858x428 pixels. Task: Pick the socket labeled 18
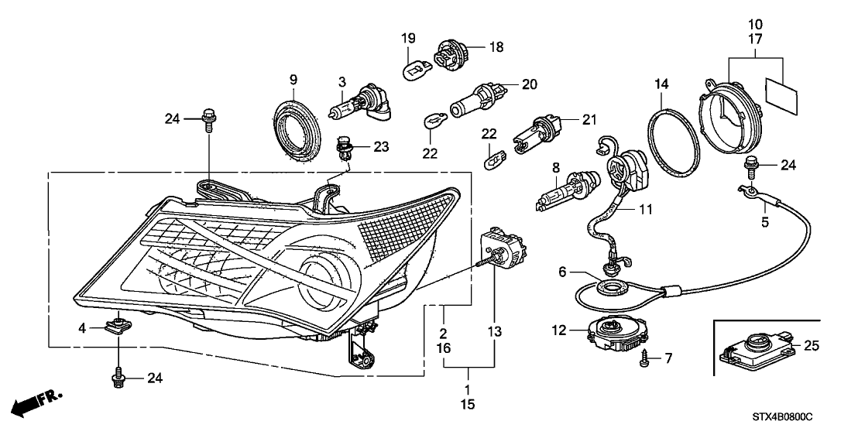pyautogui.click(x=451, y=52)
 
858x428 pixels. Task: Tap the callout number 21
pyautogui.click(x=589, y=120)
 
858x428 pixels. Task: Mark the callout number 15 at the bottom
pyautogui.click(x=468, y=404)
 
